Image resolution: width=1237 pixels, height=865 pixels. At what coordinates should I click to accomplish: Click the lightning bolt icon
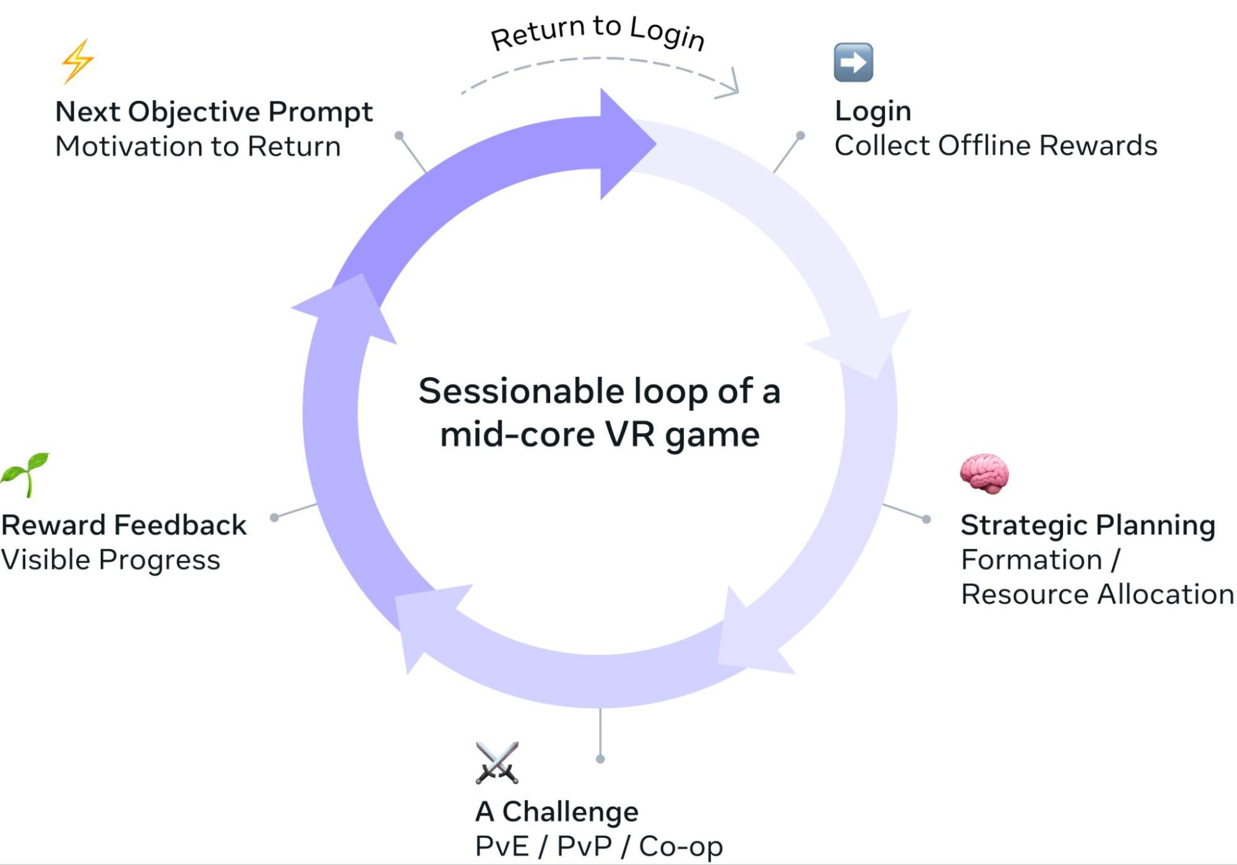(x=77, y=61)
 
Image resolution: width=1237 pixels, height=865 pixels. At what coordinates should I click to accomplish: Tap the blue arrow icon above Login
(x=853, y=62)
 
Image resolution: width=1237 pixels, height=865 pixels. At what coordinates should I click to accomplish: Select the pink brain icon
(x=984, y=474)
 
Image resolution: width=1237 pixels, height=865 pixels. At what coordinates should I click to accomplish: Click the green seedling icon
(x=25, y=474)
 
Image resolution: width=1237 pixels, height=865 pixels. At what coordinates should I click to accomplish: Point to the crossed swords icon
(x=497, y=762)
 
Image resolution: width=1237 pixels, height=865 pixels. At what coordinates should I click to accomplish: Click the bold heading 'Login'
(x=873, y=111)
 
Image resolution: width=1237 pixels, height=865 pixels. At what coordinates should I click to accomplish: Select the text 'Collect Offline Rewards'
(x=995, y=146)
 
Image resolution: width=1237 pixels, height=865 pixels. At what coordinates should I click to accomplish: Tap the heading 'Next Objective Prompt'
(x=213, y=112)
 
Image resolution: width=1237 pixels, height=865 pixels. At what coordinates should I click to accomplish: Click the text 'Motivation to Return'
(x=198, y=147)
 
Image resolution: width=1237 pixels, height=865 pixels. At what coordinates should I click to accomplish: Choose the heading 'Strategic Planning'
(x=1087, y=525)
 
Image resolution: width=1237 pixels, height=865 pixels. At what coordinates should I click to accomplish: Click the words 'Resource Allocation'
(x=1097, y=595)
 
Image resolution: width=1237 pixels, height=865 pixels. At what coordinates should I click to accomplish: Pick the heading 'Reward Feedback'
(x=124, y=525)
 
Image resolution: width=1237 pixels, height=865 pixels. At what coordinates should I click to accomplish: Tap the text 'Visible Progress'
(x=110, y=560)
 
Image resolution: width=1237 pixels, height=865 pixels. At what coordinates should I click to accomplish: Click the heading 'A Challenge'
(x=556, y=812)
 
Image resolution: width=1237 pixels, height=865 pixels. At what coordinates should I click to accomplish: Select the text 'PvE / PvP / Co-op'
(x=598, y=846)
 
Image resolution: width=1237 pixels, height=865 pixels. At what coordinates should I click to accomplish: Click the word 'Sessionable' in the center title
(x=521, y=392)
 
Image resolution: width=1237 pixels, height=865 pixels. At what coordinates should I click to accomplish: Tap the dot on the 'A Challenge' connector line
(x=600, y=759)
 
